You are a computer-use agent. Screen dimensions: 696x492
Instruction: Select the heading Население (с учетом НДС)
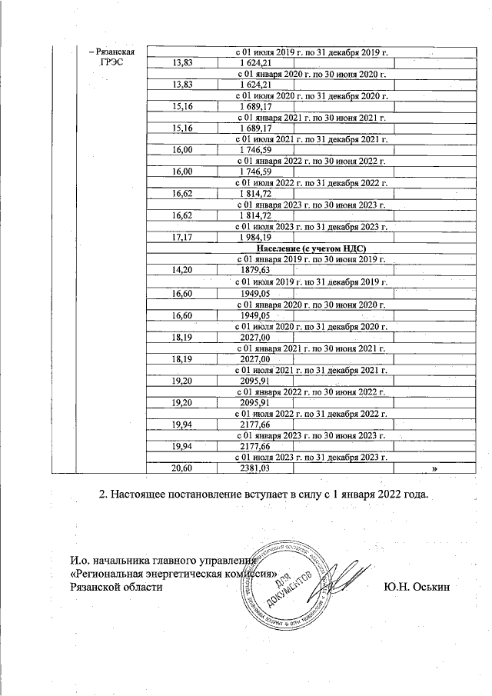coord(311,249)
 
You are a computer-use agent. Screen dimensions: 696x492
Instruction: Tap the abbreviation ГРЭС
coord(111,62)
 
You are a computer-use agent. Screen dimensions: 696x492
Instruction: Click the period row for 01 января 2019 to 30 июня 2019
coord(311,260)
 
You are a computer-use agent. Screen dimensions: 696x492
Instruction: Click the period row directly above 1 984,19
coord(311,228)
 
